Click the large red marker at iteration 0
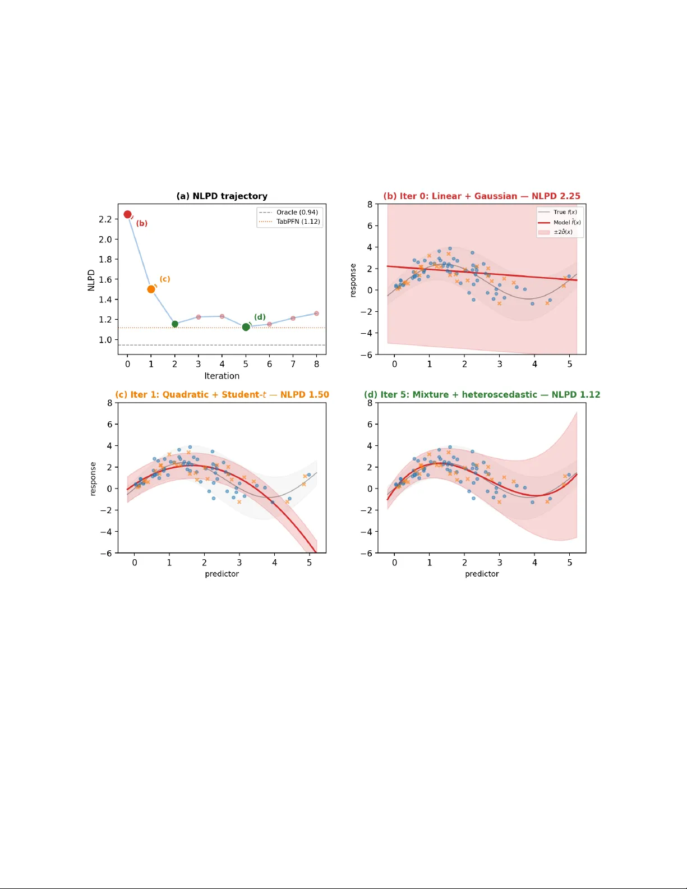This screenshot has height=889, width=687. (x=127, y=214)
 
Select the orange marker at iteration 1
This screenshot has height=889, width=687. (x=151, y=289)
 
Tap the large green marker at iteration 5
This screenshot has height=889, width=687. (x=246, y=327)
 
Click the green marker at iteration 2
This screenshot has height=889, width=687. (x=175, y=324)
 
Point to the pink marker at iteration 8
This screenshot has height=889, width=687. (x=316, y=314)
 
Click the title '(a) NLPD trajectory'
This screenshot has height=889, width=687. (x=222, y=196)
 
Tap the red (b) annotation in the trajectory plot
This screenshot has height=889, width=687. (x=142, y=223)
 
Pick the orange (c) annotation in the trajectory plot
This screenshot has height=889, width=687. (x=165, y=279)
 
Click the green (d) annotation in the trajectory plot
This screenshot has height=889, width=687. (x=260, y=317)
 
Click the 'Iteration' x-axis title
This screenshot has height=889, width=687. (x=222, y=376)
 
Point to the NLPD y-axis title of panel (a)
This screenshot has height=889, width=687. (x=91, y=280)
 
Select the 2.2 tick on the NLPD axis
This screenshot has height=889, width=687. (x=105, y=219)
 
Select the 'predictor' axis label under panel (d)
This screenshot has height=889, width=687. (x=482, y=574)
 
